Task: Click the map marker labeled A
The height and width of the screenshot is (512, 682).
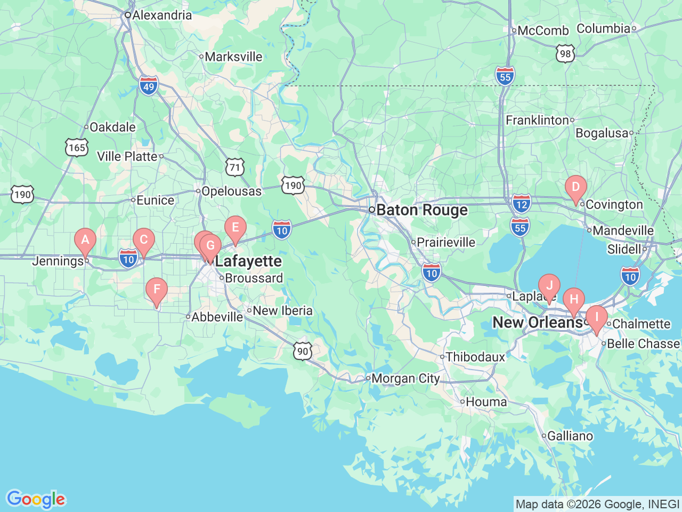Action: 85,240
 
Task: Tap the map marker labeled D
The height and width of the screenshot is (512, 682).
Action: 575,188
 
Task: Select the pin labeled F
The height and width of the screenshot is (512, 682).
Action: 157,290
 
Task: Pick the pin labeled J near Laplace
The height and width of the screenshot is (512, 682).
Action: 549,286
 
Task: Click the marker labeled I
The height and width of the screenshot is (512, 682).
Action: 597,318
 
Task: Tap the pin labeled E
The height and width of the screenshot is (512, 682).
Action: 235,228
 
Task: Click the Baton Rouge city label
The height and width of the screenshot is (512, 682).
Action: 421,210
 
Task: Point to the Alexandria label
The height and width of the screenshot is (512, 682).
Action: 161,15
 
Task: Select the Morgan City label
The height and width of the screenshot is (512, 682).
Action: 405,379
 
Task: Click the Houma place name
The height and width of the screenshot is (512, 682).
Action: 486,402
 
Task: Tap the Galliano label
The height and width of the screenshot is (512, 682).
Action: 570,436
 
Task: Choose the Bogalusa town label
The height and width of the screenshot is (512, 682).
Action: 602,133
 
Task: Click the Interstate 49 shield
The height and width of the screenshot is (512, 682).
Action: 149,86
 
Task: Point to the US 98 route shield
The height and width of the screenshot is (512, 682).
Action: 565,53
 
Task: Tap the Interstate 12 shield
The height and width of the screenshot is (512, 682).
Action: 521,203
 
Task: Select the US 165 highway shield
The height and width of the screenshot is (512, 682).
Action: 77,147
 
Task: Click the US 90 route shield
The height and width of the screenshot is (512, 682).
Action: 302,351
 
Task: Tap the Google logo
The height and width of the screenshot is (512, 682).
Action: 35,499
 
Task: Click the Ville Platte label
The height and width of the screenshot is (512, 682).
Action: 127,156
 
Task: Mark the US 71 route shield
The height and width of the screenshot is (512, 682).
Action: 234,168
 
